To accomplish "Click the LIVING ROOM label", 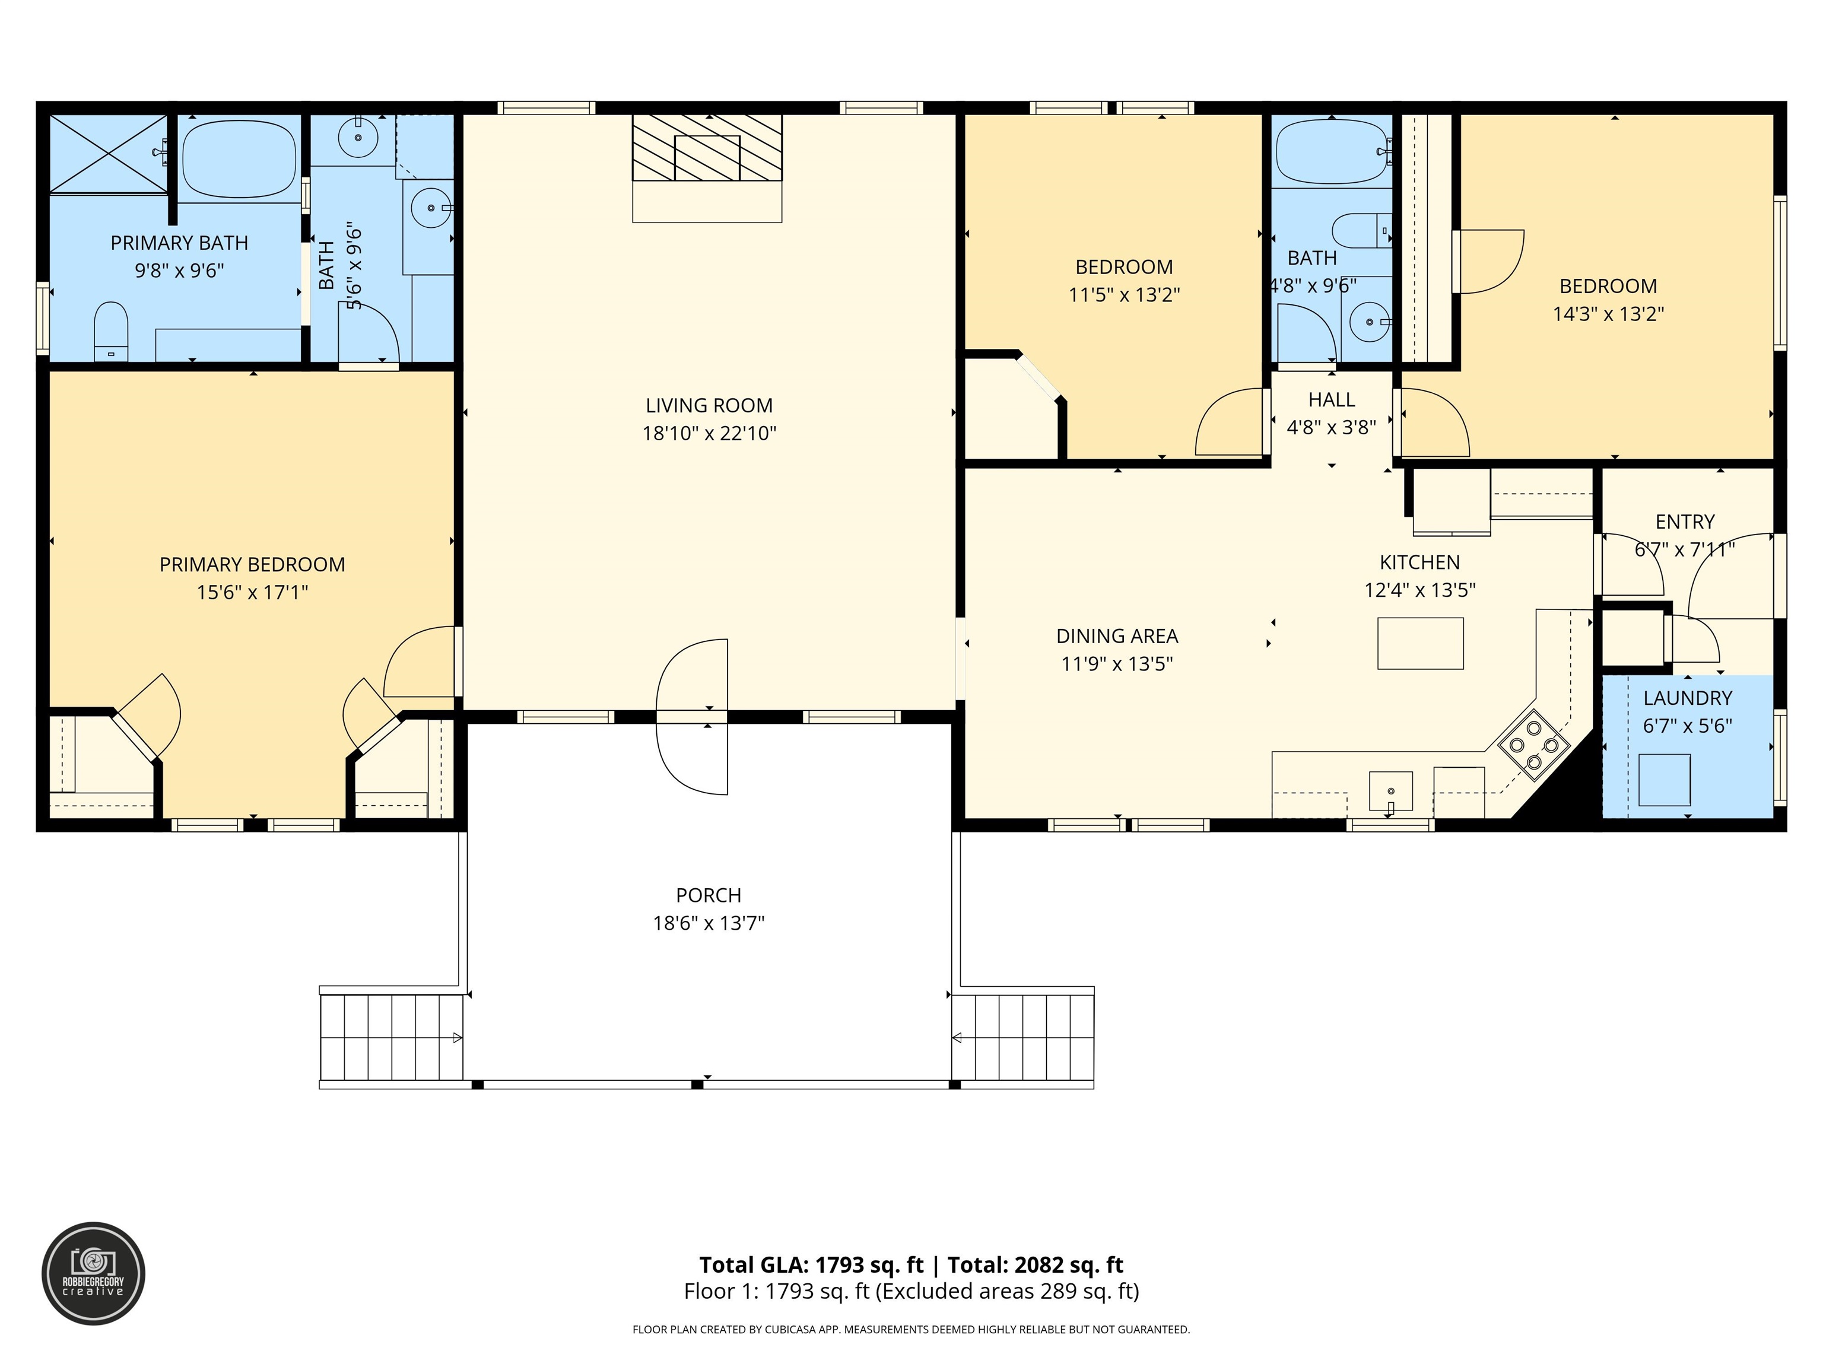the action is pyautogui.click(x=709, y=405).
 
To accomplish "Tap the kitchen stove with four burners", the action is pyautogui.click(x=1534, y=745).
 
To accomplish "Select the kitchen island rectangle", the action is pyautogui.click(x=1420, y=643).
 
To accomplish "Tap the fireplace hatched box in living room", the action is pyautogui.click(x=707, y=148).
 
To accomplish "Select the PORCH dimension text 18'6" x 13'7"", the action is pyautogui.click(x=709, y=923).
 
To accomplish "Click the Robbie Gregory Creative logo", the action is pyautogui.click(x=93, y=1273).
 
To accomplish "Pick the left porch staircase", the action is pyautogui.click(x=392, y=1037).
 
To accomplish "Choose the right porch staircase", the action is pyautogui.click(x=1022, y=1037).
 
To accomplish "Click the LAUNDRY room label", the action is pyautogui.click(x=1687, y=698).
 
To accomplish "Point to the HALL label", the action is pyautogui.click(x=1331, y=400).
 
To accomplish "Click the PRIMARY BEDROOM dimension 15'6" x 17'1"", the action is pyautogui.click(x=252, y=593).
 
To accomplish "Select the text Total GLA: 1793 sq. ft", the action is pyautogui.click(x=811, y=1265).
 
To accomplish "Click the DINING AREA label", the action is pyautogui.click(x=1117, y=636).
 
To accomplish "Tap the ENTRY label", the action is pyautogui.click(x=1685, y=522).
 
